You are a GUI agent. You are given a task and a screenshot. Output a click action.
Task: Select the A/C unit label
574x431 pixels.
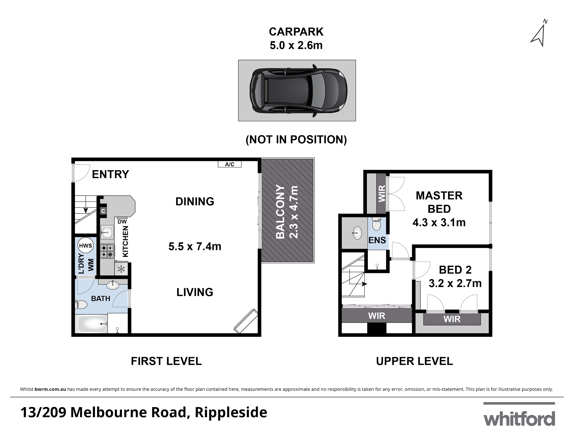pyautogui.click(x=229, y=164)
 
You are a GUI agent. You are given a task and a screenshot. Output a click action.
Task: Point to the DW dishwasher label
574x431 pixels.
pyautogui.click(x=122, y=221)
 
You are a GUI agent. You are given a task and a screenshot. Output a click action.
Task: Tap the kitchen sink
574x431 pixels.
pyautogui.click(x=107, y=232)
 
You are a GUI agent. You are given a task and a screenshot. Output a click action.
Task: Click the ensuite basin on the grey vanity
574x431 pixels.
pyautogui.click(x=357, y=233)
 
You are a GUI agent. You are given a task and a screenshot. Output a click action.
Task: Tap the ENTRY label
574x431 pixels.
pyautogui.click(x=110, y=174)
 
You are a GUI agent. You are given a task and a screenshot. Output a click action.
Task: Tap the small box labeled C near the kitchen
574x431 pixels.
pyautogui.click(x=103, y=211)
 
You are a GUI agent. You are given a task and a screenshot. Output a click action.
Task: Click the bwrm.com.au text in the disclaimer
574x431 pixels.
pyautogui.click(x=50, y=389)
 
